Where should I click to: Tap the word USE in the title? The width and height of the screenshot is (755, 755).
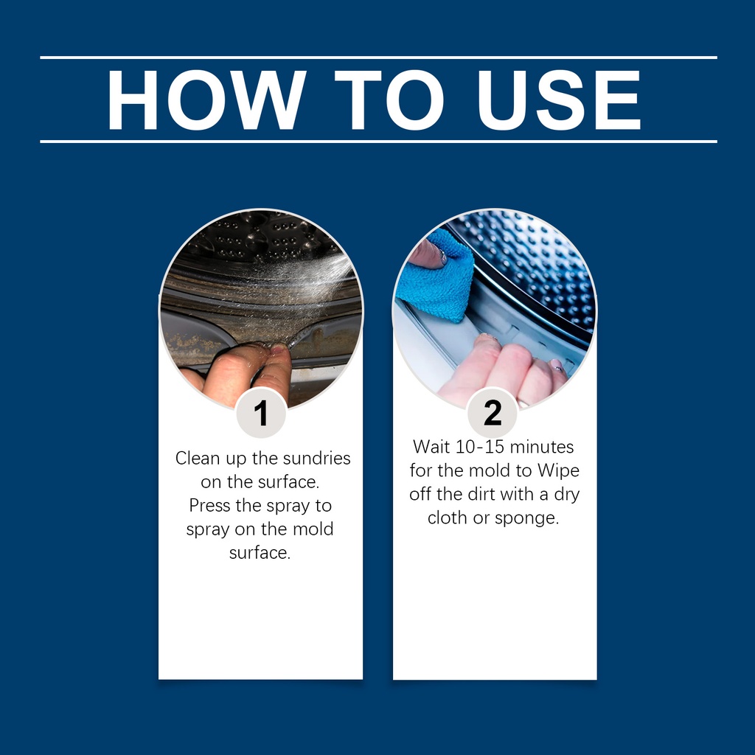pyautogui.click(x=559, y=100)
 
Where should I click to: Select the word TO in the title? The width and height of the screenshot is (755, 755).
pyautogui.click(x=389, y=100)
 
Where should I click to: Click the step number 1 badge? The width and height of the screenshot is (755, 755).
pyautogui.click(x=261, y=413)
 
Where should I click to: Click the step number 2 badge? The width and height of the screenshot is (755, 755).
pyautogui.click(x=493, y=413)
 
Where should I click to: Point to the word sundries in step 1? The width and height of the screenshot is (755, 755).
pyautogui.click(x=316, y=458)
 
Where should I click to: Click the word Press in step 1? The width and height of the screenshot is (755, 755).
pyautogui.click(x=209, y=505)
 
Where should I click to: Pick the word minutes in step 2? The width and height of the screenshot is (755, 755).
pyautogui.click(x=542, y=447)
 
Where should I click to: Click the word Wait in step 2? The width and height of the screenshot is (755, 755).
pyautogui.click(x=431, y=447)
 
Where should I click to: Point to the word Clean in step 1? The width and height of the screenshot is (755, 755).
pyautogui.click(x=198, y=458)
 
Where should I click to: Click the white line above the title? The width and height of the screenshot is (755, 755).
pyautogui.click(x=378, y=58)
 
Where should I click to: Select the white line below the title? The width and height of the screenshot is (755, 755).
pyautogui.click(x=378, y=142)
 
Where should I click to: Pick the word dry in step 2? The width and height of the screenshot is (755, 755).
pyautogui.click(x=567, y=495)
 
